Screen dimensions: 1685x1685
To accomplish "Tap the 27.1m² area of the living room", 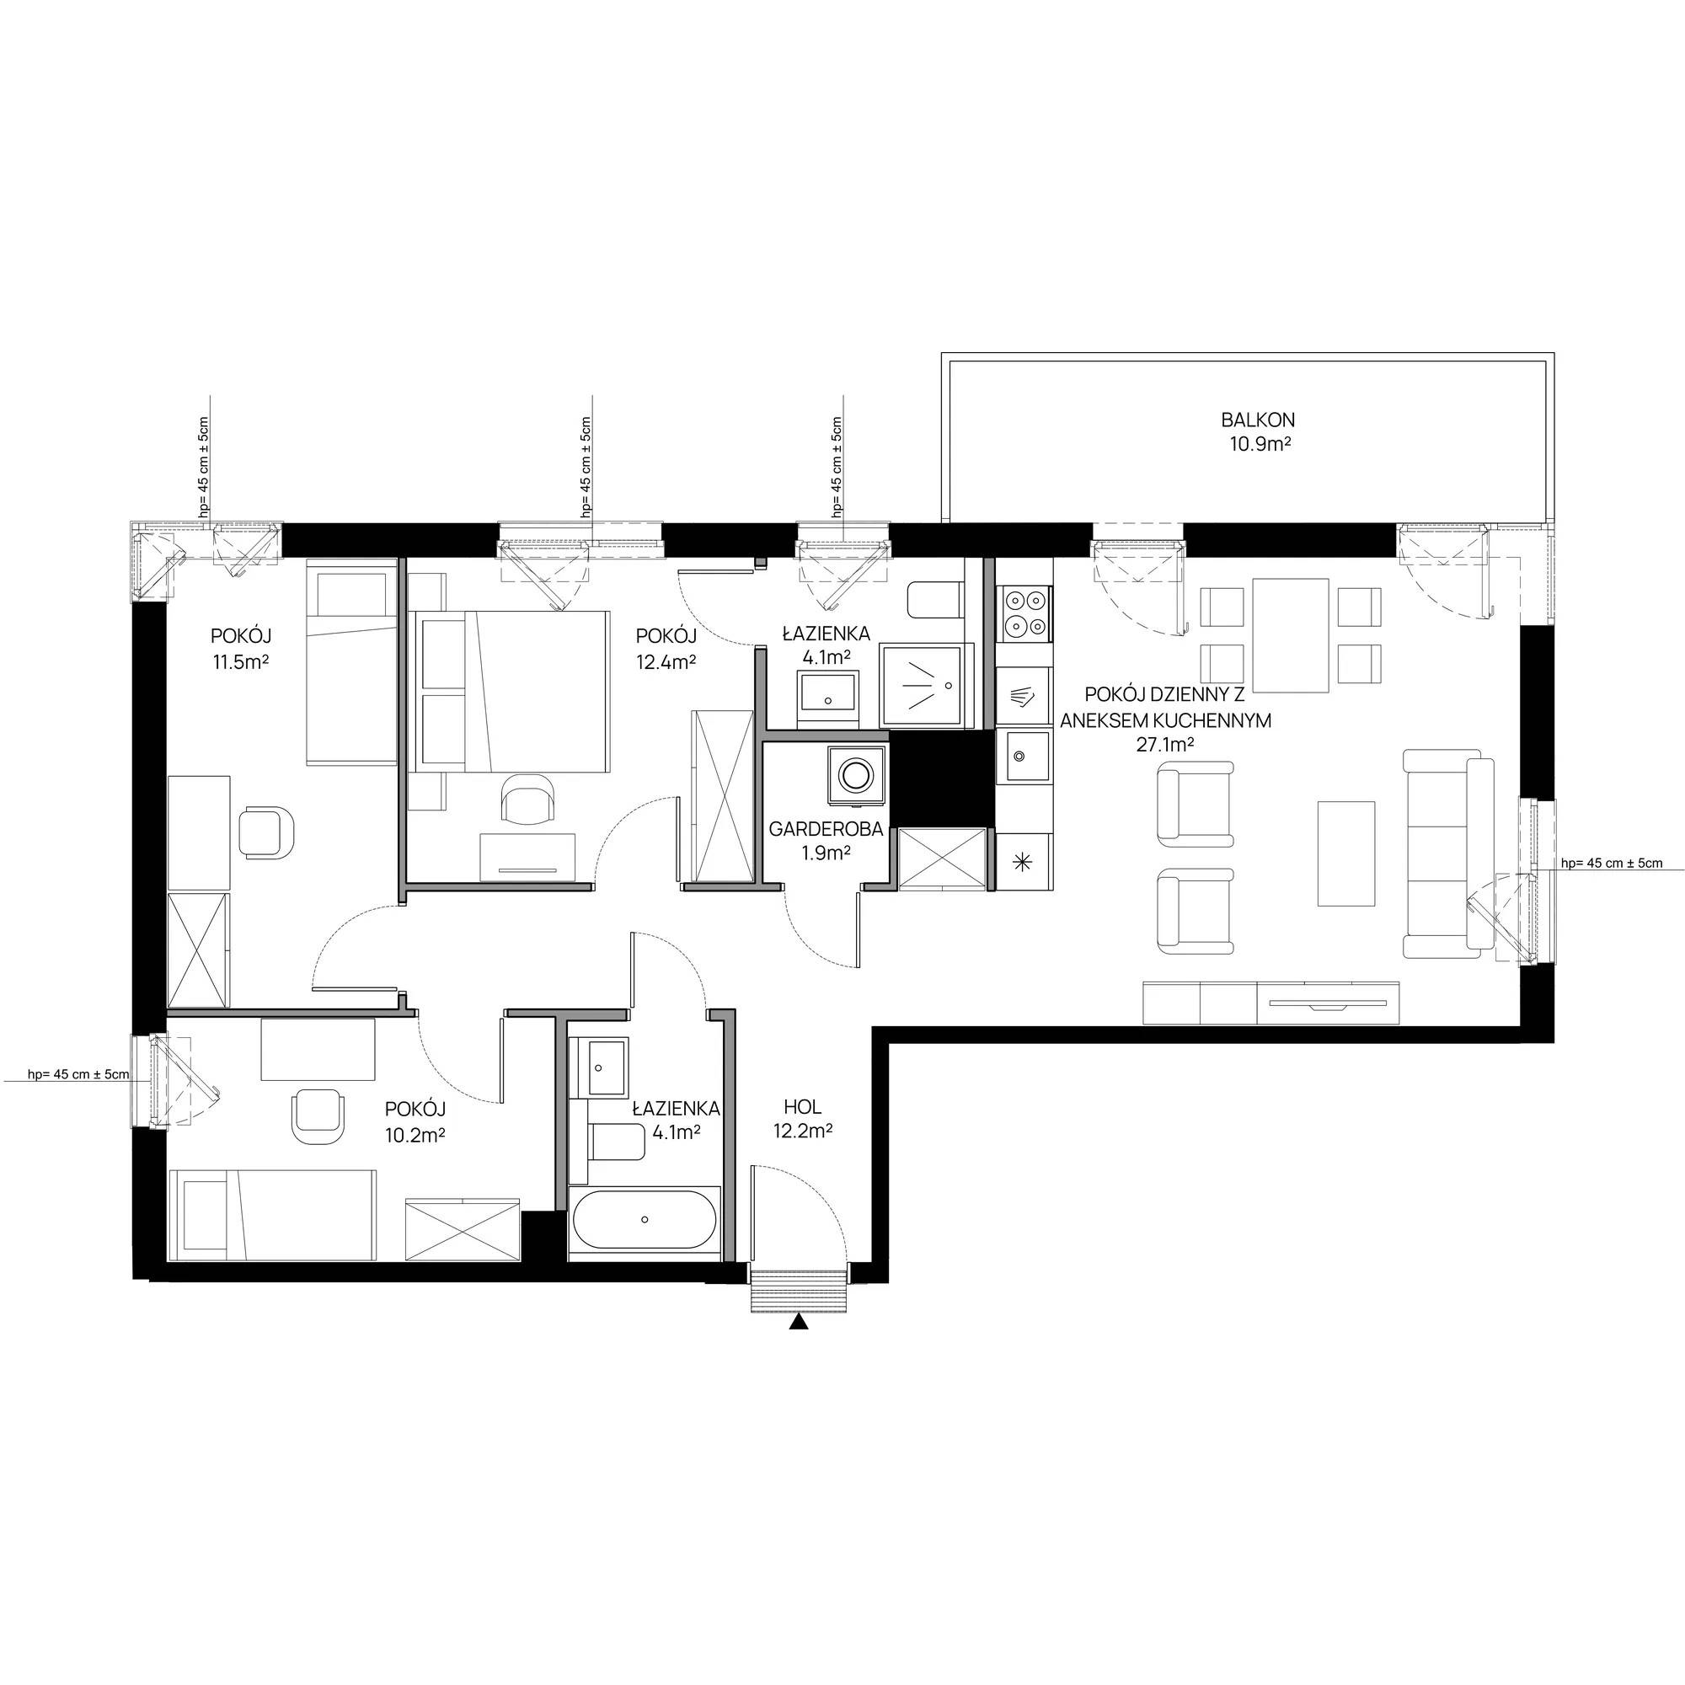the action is click(1164, 744).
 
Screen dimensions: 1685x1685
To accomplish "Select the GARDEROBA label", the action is click(825, 829).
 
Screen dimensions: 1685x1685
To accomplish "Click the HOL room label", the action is click(802, 1108).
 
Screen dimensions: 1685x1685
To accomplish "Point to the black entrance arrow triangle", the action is click(797, 1322).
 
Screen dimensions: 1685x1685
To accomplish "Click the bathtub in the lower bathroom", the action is click(645, 1219).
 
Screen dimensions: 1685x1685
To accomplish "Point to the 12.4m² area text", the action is click(666, 662).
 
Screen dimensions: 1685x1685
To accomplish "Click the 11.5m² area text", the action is click(240, 661).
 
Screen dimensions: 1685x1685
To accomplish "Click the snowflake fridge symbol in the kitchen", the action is click(1022, 862).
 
